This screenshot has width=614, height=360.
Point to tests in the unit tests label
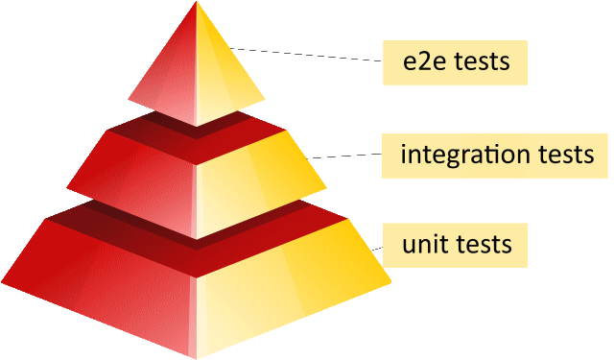(478, 244)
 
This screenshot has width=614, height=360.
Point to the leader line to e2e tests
(307, 54)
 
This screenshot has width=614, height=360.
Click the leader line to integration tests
(345, 155)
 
